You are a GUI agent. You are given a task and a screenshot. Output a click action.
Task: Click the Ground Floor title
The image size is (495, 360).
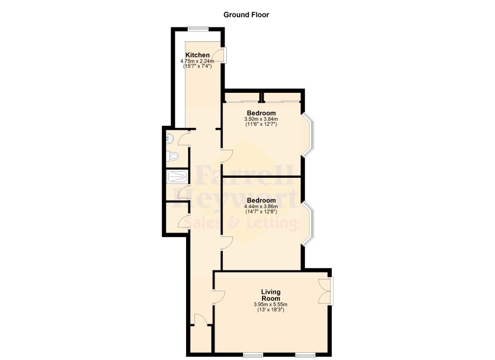(246, 15)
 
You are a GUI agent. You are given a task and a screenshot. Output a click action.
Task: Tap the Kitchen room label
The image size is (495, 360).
(197, 55)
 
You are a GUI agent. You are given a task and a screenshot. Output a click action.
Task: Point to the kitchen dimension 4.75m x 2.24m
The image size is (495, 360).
(197, 61)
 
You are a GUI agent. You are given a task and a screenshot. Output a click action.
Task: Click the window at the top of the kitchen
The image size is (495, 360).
(198, 29)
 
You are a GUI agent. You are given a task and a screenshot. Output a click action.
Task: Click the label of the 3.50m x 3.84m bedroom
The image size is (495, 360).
(261, 113)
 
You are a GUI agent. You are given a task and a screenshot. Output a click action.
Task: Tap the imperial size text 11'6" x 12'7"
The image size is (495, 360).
(261, 125)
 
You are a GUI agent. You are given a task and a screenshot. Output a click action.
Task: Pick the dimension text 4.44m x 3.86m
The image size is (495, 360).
(261, 206)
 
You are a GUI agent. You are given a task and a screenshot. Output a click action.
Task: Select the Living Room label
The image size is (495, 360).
(270, 295)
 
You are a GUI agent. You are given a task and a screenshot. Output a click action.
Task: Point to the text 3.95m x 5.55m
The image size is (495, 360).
(270, 305)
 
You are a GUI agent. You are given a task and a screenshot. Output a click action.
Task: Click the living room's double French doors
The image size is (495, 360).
(325, 291)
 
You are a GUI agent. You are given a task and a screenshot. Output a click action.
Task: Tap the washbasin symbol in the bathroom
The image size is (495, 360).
(169, 138)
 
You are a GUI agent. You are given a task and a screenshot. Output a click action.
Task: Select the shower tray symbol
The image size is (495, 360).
(177, 177)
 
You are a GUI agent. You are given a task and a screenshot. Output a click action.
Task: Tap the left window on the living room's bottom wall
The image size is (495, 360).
(253, 355)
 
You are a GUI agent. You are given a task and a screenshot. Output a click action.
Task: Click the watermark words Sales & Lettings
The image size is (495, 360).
(241, 222)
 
